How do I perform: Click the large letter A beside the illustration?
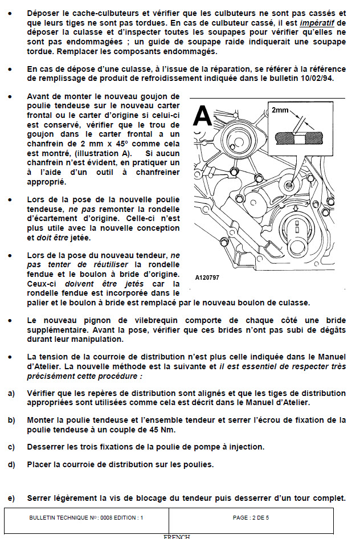[203, 116]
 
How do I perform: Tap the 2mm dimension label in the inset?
[280, 110]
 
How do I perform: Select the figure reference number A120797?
[207, 277]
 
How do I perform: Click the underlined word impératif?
[317, 23]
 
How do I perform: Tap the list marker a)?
[11, 393]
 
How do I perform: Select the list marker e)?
[11, 498]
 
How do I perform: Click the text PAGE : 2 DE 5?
[251, 517]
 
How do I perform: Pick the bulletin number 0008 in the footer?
[106, 517]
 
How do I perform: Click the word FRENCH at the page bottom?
[177, 537]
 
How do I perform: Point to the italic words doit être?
[52, 238]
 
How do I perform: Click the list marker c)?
[11, 447]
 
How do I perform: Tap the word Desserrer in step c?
[44, 447]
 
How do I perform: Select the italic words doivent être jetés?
[104, 284]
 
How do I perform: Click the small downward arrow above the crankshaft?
[296, 209]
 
